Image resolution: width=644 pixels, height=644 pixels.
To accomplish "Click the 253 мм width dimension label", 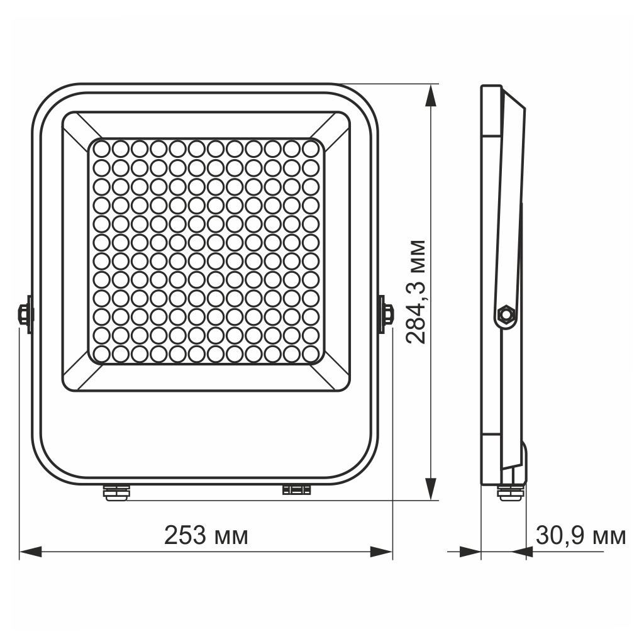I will [206, 535].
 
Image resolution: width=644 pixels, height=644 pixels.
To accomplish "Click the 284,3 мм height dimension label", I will [416, 291].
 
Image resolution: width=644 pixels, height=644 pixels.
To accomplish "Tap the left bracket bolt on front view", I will [24, 313].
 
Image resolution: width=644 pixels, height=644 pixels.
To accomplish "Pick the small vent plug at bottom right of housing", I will [297, 489].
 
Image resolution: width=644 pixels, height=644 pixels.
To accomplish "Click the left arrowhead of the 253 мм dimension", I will [30, 552].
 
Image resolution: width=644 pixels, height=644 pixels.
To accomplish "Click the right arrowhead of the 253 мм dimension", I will [381, 552].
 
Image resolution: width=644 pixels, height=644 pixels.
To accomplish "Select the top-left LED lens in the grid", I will [103, 150].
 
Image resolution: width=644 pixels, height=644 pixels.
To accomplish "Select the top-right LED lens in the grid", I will [310, 150].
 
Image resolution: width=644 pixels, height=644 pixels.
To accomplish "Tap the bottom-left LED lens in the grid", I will [103, 353].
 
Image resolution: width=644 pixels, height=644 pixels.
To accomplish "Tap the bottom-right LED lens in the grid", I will [310, 353].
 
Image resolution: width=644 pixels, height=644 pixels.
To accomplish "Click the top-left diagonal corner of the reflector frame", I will [80, 129].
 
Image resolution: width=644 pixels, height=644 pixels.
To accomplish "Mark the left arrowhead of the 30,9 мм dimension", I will [470, 552].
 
